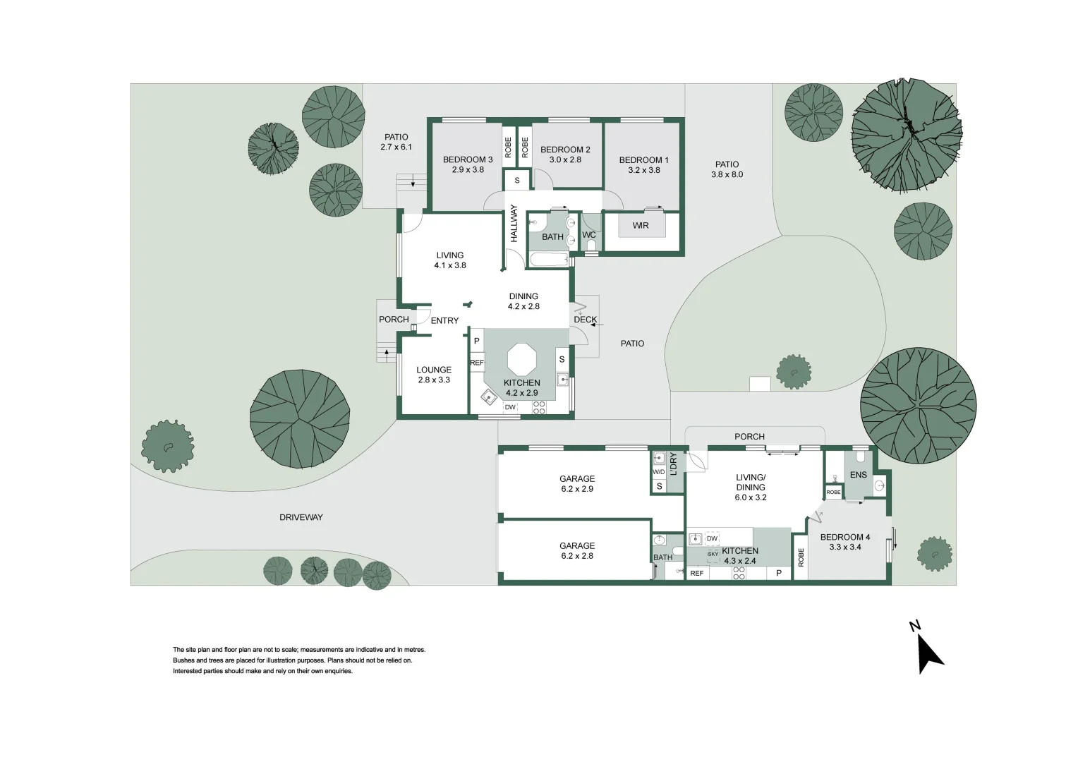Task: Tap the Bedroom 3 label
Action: [468, 159]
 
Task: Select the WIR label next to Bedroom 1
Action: [641, 225]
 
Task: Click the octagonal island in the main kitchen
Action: [521, 359]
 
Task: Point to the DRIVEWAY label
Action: [301, 517]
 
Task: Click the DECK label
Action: [585, 319]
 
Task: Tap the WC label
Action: [589, 235]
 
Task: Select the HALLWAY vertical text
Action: [514, 224]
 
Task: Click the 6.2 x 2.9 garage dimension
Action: [577, 488]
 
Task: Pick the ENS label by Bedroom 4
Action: [858, 475]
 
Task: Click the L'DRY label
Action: [673, 464]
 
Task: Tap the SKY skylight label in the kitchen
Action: [713, 554]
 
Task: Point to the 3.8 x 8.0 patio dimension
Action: [727, 174]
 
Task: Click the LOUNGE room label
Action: [434, 370]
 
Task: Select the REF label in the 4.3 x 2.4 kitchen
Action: [697, 574]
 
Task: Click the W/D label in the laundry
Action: [659, 472]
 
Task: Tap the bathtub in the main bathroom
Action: [550, 260]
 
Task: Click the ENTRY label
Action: [444, 320]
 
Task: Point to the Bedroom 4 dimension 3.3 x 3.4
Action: [845, 547]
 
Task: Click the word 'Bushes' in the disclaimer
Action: [183, 660]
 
